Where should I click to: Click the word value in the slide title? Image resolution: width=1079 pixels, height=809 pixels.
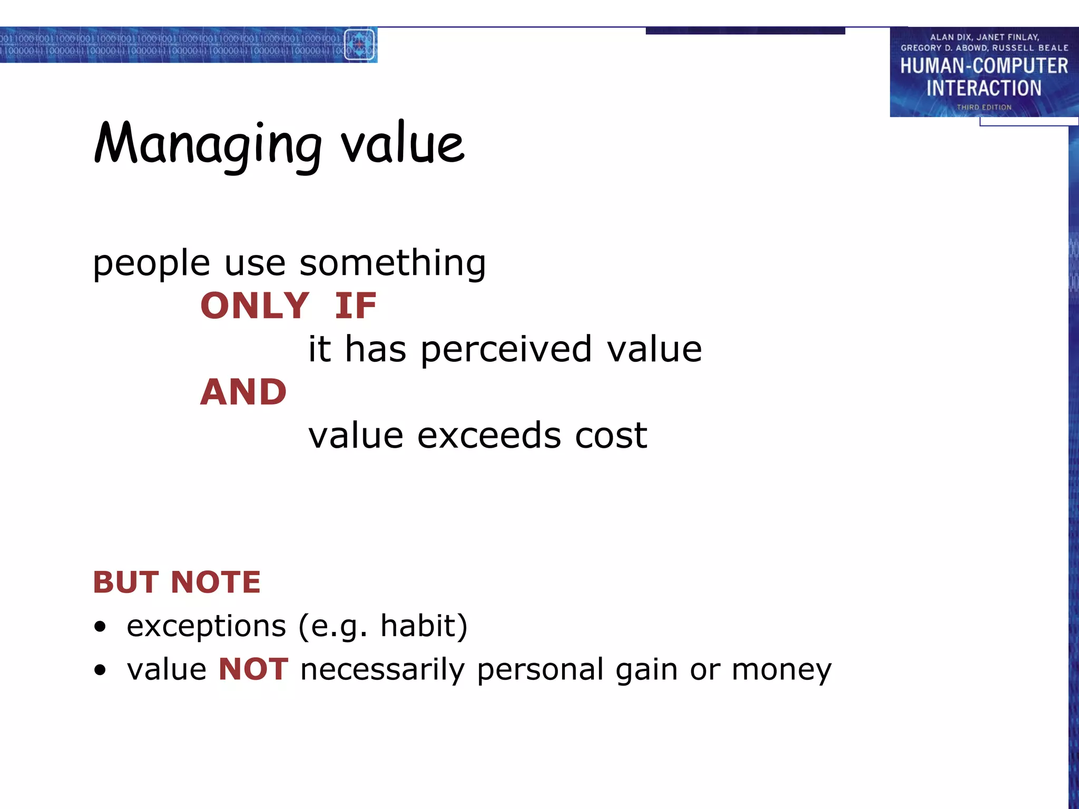(403, 143)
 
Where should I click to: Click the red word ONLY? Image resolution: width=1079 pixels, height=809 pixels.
(254, 306)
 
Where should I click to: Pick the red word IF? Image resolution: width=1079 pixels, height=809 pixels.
(356, 306)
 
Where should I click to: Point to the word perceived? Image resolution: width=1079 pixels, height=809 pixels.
(506, 350)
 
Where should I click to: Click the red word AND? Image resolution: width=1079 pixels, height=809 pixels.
(243, 392)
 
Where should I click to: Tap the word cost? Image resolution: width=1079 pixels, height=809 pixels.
(611, 436)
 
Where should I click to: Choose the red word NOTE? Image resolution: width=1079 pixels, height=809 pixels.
(215, 583)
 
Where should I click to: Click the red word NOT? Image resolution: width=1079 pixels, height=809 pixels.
(253, 669)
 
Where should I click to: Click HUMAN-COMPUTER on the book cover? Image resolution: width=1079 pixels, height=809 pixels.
(984, 66)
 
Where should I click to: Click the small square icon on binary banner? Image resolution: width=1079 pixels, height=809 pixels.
(359, 45)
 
